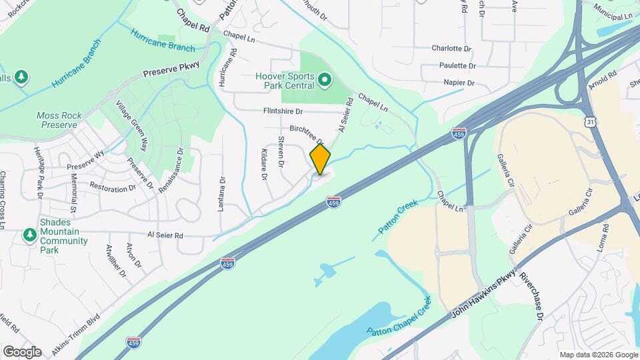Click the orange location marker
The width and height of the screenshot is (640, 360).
(x=320, y=159)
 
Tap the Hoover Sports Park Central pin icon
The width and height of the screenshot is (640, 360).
(x=325, y=81)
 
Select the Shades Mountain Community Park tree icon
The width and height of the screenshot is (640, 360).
(x=29, y=235)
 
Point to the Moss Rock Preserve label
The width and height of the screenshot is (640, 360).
(x=60, y=120)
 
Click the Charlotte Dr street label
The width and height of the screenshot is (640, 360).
(x=451, y=49)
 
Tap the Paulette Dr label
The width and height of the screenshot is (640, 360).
(x=457, y=66)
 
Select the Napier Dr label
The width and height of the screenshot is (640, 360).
(x=458, y=83)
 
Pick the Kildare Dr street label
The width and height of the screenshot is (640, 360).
(x=263, y=165)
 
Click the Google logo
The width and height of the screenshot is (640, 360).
(x=22, y=351)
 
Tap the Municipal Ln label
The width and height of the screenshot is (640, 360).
(x=614, y=15)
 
